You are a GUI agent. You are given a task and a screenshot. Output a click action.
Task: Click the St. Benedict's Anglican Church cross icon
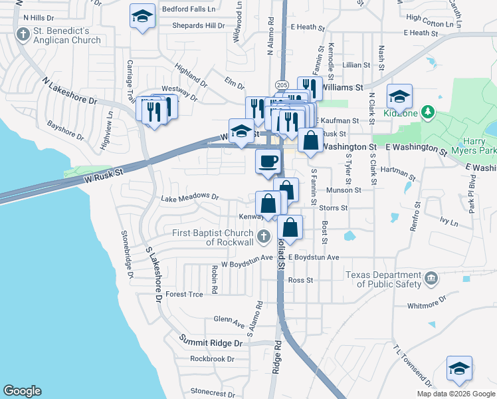point(23,34)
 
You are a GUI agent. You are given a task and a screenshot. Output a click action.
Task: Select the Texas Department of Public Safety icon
point(431,277)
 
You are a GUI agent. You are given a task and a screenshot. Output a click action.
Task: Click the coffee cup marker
point(268,162)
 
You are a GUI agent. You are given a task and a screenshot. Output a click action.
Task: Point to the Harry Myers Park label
point(477,146)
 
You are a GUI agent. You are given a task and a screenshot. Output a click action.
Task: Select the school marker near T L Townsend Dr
point(459,369)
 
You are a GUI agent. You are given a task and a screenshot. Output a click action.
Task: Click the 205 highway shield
point(280,85)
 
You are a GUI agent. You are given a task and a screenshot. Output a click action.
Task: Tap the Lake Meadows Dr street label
point(190,197)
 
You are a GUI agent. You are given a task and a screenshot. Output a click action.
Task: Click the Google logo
point(22,391)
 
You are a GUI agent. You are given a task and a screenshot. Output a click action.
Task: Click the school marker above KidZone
point(399,96)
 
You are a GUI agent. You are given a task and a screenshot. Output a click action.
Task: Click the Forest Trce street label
point(184,294)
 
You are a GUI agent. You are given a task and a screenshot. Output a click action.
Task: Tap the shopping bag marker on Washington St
point(310,140)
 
